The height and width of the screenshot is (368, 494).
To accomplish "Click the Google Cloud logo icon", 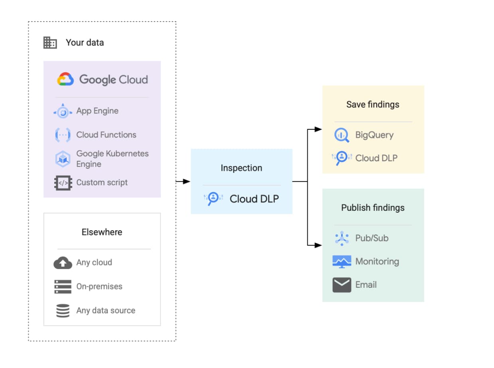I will (x=65, y=79).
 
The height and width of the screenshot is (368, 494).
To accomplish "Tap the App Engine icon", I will (x=63, y=111).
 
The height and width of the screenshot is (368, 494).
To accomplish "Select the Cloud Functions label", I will (x=106, y=135).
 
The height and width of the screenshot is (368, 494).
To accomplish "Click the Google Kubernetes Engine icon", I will (x=63, y=159).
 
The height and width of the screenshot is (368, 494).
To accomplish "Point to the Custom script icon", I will (x=63, y=183).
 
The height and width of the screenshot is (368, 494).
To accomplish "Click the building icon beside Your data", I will (x=50, y=43).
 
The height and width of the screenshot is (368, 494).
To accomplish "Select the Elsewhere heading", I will (x=102, y=232).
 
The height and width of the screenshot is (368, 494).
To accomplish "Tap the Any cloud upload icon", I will (x=63, y=263).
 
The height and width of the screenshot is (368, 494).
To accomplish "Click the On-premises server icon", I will (x=63, y=287).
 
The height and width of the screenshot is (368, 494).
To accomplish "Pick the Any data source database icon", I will (x=63, y=311).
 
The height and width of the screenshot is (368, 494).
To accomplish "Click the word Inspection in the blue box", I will (x=241, y=168).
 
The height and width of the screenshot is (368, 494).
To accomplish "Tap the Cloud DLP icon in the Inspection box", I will (x=213, y=198).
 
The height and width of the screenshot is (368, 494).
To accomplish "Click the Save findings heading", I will (x=373, y=105).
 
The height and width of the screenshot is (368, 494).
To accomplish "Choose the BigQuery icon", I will (x=342, y=135).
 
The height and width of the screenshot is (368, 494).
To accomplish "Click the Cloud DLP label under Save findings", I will (x=376, y=158).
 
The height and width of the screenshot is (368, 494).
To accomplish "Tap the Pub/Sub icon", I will (x=342, y=238).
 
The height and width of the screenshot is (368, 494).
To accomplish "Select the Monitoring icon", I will (x=342, y=262).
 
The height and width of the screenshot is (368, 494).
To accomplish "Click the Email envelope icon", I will (x=342, y=285).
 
